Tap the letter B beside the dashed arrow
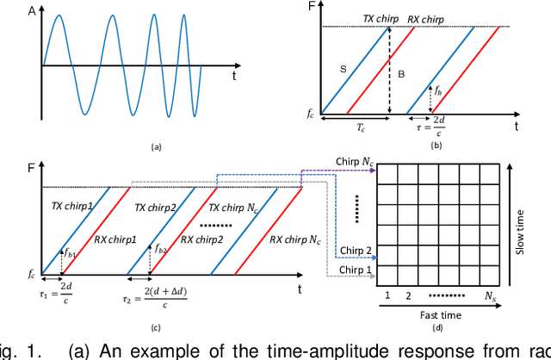click(400, 74)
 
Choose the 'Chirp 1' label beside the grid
click(354, 270)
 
